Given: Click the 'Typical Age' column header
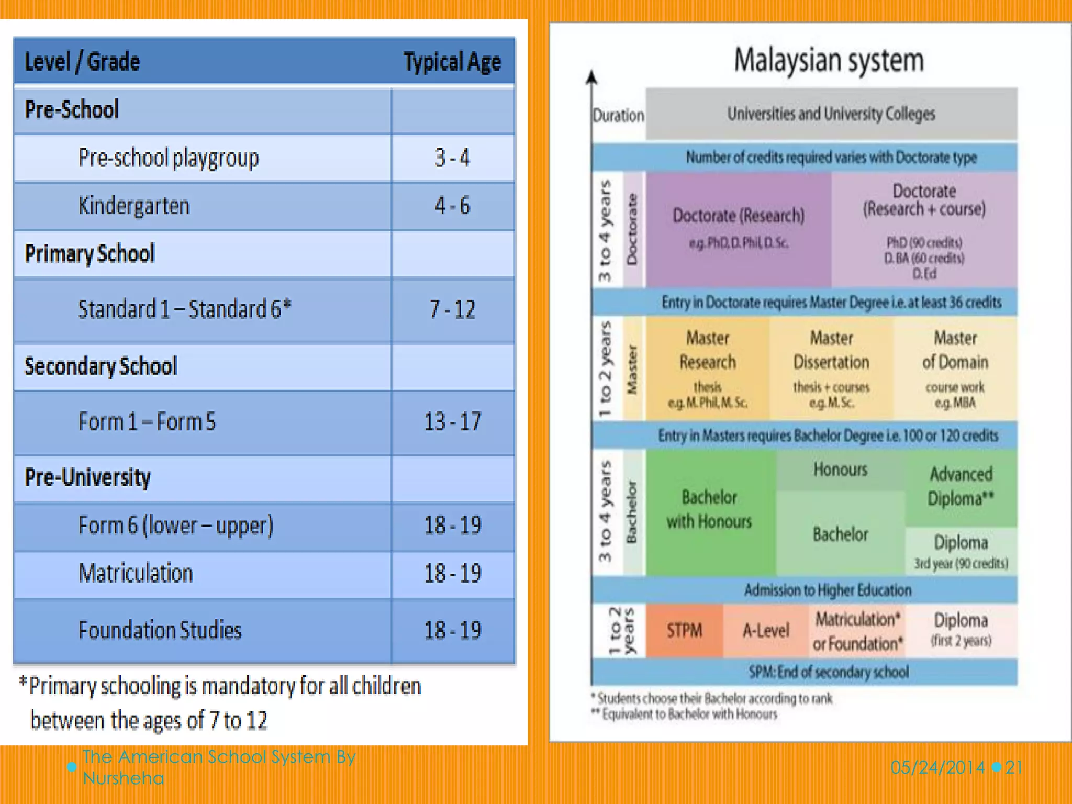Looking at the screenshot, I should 452,62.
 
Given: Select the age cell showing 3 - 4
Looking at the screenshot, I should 452,158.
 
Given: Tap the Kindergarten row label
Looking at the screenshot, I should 134,206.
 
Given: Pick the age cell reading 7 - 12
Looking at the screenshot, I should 452,309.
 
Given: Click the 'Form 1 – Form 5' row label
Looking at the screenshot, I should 147,422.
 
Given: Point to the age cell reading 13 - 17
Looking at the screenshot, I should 452,422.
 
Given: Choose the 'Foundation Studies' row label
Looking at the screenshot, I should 160,630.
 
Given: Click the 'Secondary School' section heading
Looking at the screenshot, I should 101,366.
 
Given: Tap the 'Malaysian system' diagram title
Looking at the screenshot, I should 829,60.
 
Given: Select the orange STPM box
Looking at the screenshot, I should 684,631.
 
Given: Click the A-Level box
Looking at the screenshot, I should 765,631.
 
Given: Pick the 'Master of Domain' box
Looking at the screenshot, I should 955,366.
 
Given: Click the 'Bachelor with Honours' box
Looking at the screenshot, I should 709,509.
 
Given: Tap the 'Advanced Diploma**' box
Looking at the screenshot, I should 961,486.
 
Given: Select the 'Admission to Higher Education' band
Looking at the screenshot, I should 828,590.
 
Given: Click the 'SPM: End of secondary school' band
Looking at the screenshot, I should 829,672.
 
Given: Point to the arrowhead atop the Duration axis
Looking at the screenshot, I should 591,77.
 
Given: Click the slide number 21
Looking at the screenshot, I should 1014,767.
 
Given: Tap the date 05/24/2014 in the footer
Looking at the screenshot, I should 937,767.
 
